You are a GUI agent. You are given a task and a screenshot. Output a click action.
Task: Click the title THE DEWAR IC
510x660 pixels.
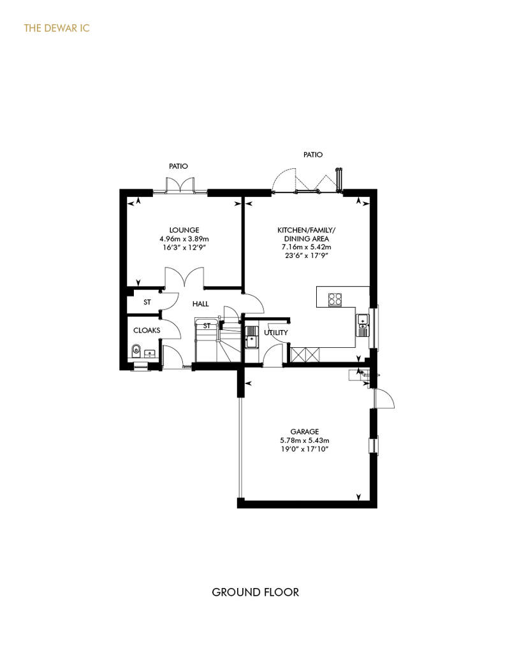tap(57, 28)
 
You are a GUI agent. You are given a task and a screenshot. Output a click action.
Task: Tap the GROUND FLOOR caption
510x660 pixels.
tap(255, 592)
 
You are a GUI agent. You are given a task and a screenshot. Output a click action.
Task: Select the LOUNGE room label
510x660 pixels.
tap(184, 230)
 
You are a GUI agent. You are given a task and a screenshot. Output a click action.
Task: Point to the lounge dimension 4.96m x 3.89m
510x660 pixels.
tap(184, 239)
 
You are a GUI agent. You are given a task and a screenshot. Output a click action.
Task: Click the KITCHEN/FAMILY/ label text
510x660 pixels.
tap(306, 230)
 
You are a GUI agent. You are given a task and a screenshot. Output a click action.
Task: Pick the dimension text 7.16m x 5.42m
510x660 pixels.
tap(306, 247)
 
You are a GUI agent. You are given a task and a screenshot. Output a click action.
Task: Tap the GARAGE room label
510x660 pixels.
tap(305, 431)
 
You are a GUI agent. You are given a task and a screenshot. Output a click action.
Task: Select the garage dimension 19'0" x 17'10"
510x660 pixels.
tap(305, 449)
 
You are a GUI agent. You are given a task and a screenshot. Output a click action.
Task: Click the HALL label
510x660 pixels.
tap(200, 304)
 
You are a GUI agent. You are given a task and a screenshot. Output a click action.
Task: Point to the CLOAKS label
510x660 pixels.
tap(147, 331)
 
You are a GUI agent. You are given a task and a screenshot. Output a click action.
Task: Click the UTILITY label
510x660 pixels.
tap(276, 333)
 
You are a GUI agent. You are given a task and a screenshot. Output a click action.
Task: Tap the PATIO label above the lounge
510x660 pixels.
tap(178, 166)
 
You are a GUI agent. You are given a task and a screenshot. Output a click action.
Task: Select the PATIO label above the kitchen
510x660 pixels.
tap(313, 155)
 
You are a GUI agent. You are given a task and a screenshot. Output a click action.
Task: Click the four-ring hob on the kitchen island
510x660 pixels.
tap(335, 299)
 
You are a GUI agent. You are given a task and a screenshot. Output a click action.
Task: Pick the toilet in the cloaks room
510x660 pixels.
tap(136, 350)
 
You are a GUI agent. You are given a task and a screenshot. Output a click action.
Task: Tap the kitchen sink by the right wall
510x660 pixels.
tap(363, 325)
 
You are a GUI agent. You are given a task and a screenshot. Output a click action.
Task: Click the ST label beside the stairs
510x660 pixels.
tap(207, 326)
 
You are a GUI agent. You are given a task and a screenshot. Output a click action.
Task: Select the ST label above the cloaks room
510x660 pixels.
tap(147, 302)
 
